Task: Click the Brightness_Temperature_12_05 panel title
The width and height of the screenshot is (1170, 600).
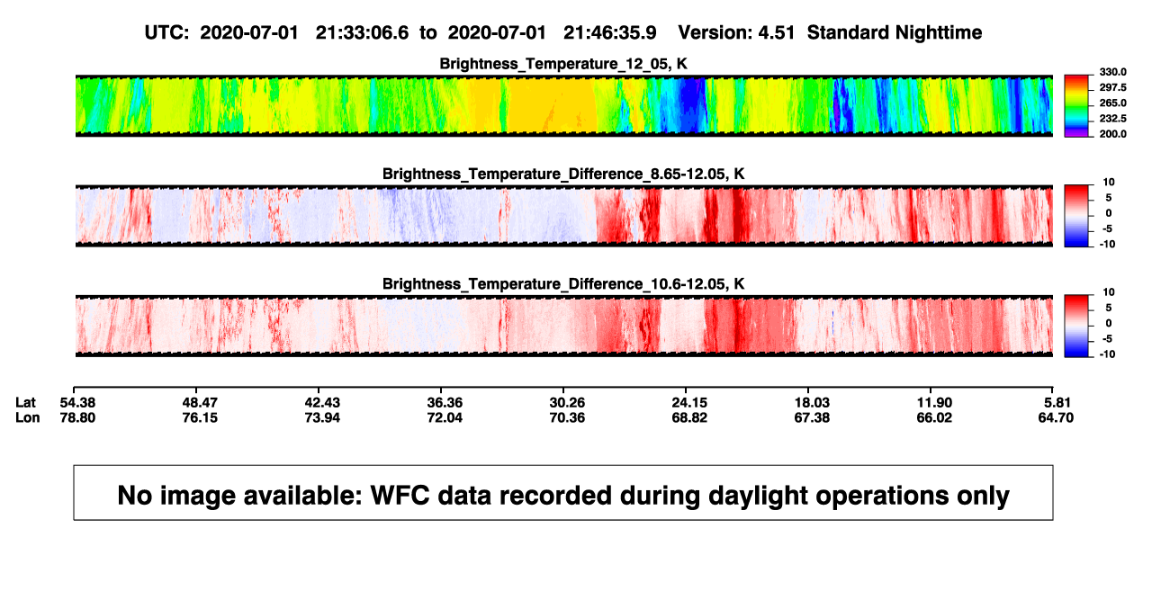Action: pyautogui.click(x=563, y=64)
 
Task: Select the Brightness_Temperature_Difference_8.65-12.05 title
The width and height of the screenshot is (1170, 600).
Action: pyautogui.click(x=563, y=174)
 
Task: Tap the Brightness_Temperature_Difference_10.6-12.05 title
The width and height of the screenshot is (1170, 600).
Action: pyautogui.click(x=563, y=284)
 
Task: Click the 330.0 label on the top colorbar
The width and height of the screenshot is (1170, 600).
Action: pyautogui.click(x=1112, y=72)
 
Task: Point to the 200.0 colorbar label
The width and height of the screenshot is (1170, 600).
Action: pyautogui.click(x=1112, y=134)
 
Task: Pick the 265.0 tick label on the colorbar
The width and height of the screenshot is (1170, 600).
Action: pyautogui.click(x=1112, y=103)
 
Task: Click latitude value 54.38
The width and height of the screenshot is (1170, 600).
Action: pyautogui.click(x=77, y=403)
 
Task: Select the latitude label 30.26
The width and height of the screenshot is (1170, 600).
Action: pyautogui.click(x=567, y=403)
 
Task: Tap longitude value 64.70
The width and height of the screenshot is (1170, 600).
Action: pyautogui.click(x=1056, y=417)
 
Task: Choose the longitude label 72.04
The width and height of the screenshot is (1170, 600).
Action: pyautogui.click(x=445, y=417)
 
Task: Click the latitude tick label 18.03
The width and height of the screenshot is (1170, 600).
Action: pyautogui.click(x=812, y=403)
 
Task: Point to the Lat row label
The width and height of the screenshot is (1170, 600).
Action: pyautogui.click(x=25, y=403)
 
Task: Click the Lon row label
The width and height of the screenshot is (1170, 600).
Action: pyautogui.click(x=27, y=417)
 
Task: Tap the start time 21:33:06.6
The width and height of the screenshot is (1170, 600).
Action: pyautogui.click(x=362, y=33)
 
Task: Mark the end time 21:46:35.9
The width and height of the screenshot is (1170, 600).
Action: pyautogui.click(x=609, y=33)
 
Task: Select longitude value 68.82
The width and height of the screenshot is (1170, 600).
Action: pyautogui.click(x=689, y=417)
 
